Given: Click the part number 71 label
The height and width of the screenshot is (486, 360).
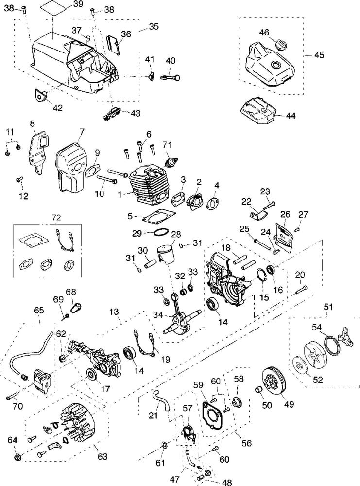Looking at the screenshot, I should pos(167,144).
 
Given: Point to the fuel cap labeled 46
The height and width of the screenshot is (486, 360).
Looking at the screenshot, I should pos(281,45).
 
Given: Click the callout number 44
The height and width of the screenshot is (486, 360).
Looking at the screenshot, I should pos(291,116).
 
